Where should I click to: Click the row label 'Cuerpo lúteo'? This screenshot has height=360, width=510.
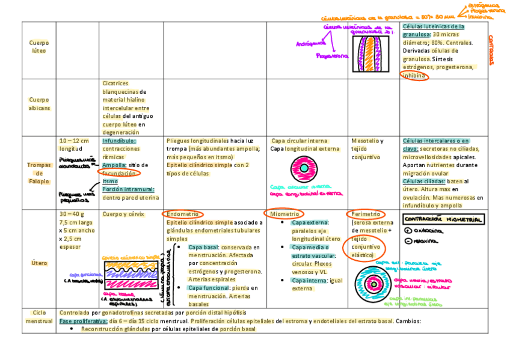click(38, 47)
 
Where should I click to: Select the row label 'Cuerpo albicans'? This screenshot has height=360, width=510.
click(38, 104)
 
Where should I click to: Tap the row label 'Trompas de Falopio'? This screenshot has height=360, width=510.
click(38, 173)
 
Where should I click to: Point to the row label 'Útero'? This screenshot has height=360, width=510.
click(38, 263)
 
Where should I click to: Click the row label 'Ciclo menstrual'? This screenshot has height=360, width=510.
click(38, 317)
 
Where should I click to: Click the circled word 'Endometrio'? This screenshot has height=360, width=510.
click(183, 214)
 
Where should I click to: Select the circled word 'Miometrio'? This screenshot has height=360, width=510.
click(284, 214)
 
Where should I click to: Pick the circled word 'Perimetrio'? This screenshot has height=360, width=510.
click(366, 214)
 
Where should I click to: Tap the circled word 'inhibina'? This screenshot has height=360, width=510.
click(414, 76)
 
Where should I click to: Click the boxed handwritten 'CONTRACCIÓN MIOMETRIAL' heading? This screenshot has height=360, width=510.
click(443, 220)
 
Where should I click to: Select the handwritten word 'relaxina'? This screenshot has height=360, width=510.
click(428, 241)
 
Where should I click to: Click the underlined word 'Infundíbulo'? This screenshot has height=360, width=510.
click(119, 141)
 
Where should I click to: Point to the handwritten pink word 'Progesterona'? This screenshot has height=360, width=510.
click(332, 56)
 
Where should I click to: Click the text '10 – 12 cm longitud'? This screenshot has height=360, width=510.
click(74, 144)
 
